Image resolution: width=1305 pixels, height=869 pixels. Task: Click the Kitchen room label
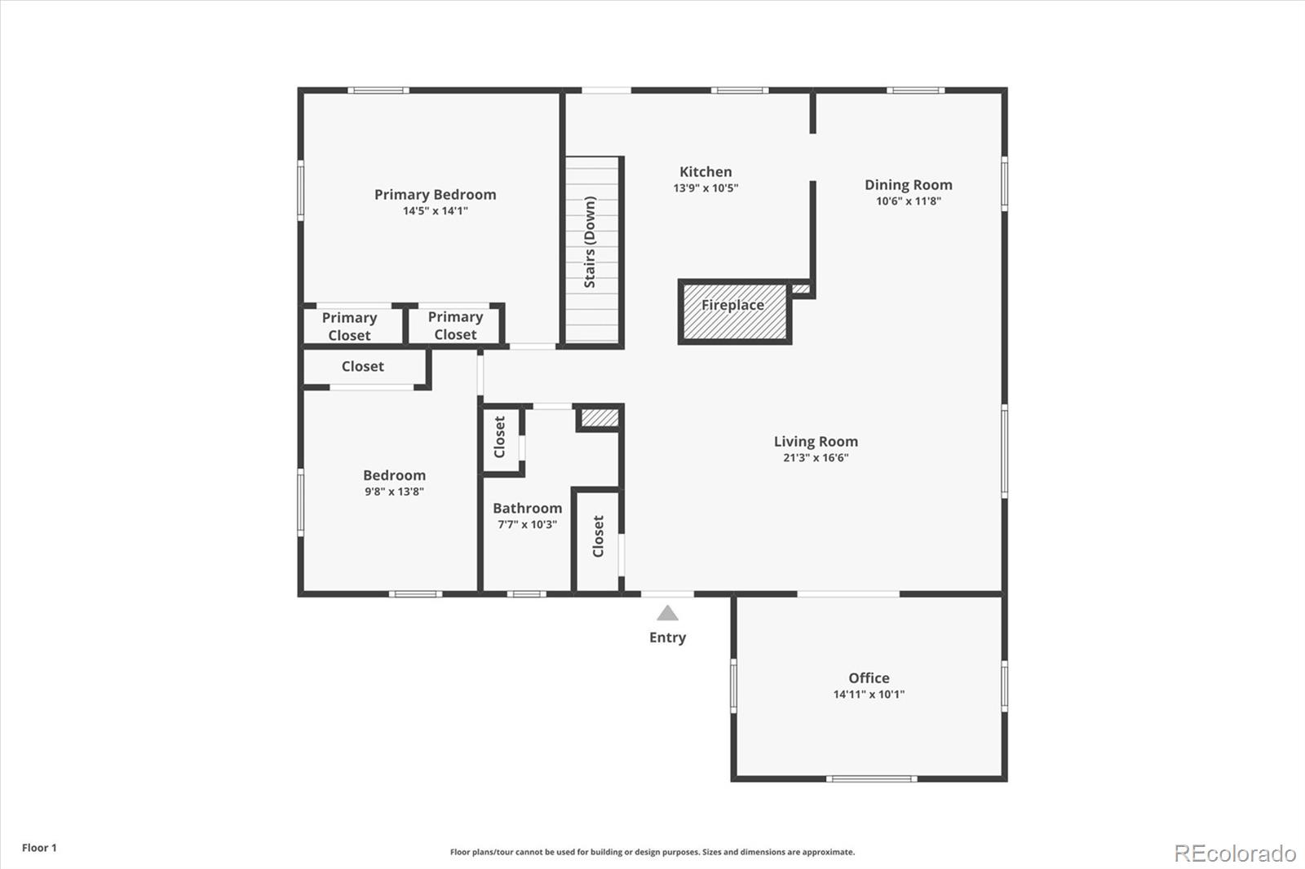(x=706, y=172)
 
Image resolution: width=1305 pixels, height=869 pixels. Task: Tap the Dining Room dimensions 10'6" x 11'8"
(x=909, y=201)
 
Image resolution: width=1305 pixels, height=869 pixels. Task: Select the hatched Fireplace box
(x=735, y=311)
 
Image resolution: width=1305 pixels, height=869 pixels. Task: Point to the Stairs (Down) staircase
(x=592, y=249)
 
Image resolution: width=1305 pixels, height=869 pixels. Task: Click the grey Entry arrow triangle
(x=668, y=613)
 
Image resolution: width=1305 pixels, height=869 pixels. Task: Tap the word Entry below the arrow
(x=668, y=637)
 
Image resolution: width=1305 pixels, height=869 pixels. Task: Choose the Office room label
(x=869, y=678)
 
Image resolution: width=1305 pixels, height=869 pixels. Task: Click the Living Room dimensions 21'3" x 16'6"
(x=816, y=458)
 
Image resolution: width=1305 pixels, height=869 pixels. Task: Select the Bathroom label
(x=527, y=509)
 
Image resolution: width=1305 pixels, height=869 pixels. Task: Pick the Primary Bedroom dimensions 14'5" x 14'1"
(x=436, y=211)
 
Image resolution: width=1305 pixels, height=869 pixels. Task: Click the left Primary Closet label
(x=350, y=326)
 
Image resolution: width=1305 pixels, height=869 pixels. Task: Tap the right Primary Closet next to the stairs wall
(x=456, y=325)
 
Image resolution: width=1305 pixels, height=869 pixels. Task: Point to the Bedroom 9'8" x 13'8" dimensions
(x=395, y=492)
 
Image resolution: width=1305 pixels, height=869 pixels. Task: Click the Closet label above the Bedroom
(x=362, y=366)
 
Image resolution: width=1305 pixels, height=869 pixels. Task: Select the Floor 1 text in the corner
(x=40, y=848)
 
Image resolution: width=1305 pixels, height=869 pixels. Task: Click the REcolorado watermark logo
(x=1235, y=854)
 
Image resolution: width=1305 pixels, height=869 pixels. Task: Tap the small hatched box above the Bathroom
(x=599, y=417)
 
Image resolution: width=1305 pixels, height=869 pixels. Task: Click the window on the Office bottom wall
(x=872, y=779)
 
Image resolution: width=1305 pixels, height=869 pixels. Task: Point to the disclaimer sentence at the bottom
(x=652, y=852)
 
